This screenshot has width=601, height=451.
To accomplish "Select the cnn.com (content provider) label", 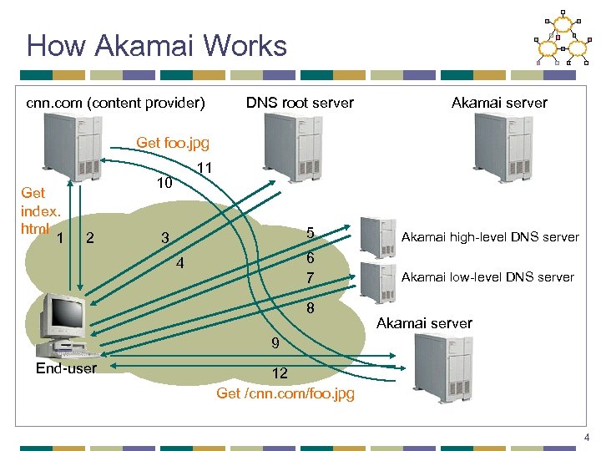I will click(115, 103).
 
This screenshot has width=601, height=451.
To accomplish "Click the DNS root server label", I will click(300, 103).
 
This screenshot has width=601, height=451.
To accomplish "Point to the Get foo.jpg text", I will click(173, 143).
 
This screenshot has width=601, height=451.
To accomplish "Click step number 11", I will click(205, 169).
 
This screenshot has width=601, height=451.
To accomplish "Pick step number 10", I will click(165, 182).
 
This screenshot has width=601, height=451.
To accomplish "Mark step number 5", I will click(310, 233).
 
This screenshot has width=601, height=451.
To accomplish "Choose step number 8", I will click(310, 308).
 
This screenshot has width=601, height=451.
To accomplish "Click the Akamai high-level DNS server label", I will click(489, 237).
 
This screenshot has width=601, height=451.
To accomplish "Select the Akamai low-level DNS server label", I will click(487, 276).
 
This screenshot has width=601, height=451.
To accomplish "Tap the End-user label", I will click(66, 368).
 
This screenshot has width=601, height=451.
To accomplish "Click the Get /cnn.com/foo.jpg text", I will click(285, 393).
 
